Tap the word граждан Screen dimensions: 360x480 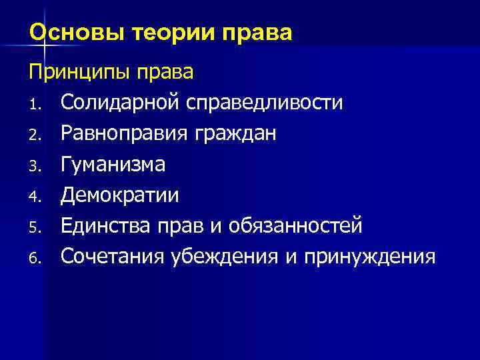tap(237, 135)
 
